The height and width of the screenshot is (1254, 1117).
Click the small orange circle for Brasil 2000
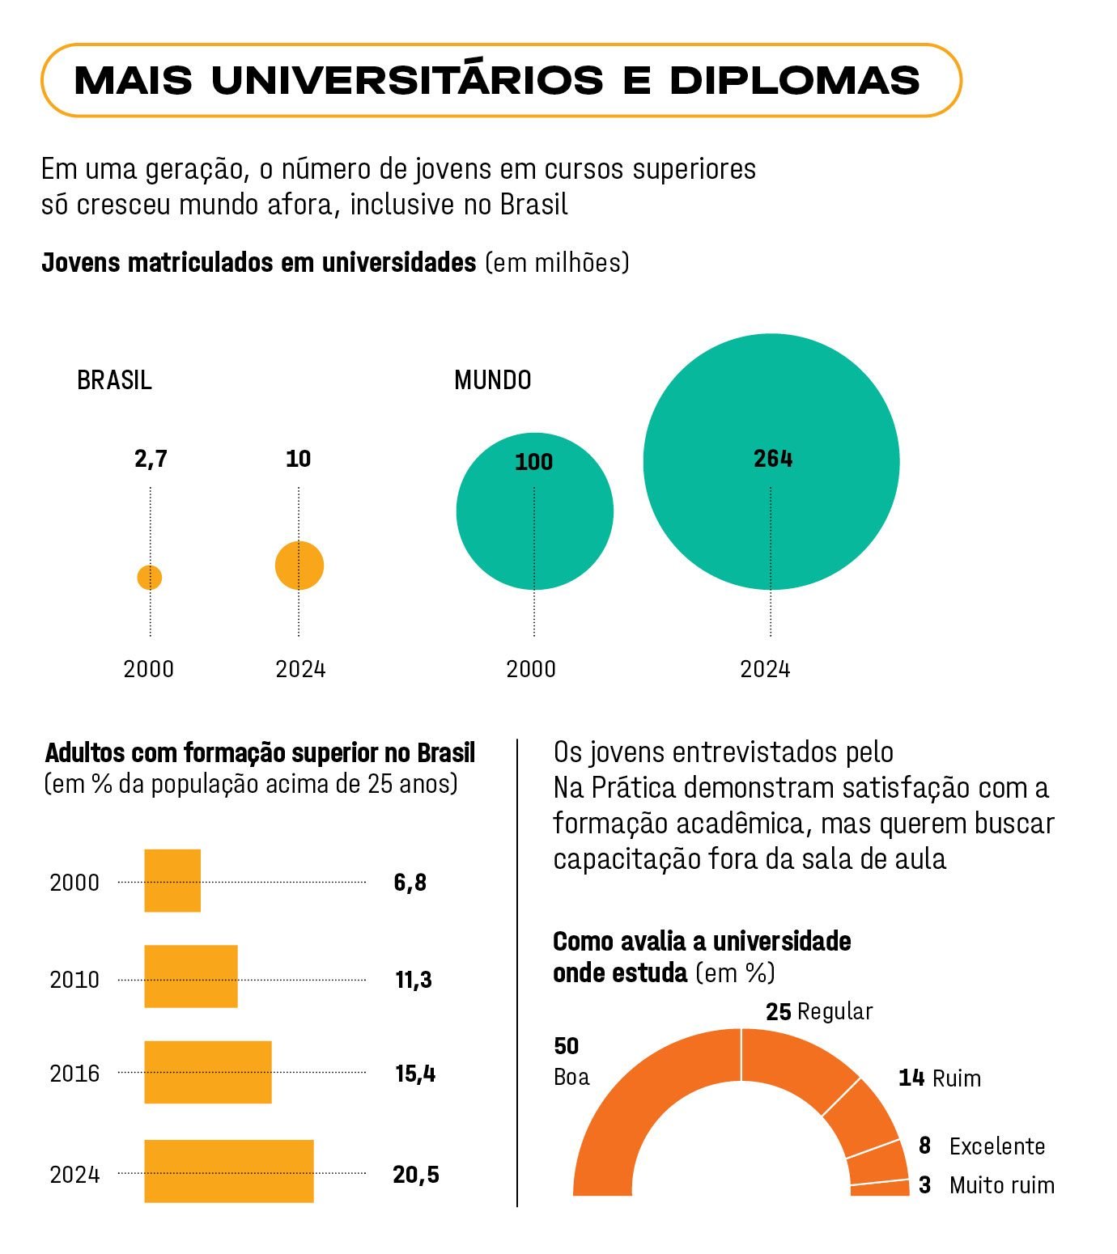point(150,578)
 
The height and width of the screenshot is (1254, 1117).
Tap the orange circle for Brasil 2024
point(299,566)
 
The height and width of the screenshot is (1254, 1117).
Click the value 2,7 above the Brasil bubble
point(151,459)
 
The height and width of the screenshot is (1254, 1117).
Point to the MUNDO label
point(492,379)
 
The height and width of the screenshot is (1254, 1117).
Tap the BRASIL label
point(114,379)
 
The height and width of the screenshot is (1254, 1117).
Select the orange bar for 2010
point(191,977)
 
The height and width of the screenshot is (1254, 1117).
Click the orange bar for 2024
point(229,1171)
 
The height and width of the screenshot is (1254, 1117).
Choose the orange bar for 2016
point(208,1072)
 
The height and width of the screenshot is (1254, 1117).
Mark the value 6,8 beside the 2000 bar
point(410,882)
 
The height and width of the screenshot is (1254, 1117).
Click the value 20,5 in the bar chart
point(416,1174)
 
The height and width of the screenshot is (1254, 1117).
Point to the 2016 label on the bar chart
point(74,1074)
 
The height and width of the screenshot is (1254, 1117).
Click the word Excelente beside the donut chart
point(997,1146)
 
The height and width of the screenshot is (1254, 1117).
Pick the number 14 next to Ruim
point(911,1078)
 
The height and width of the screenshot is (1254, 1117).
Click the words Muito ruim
point(1002,1185)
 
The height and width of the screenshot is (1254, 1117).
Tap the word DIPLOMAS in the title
point(795,80)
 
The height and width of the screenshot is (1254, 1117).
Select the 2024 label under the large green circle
point(765,669)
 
